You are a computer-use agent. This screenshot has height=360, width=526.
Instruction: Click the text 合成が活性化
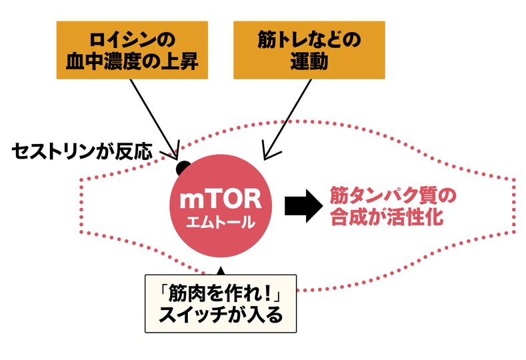point(383,218)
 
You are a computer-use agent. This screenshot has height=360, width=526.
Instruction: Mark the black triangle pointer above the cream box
point(221,271)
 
